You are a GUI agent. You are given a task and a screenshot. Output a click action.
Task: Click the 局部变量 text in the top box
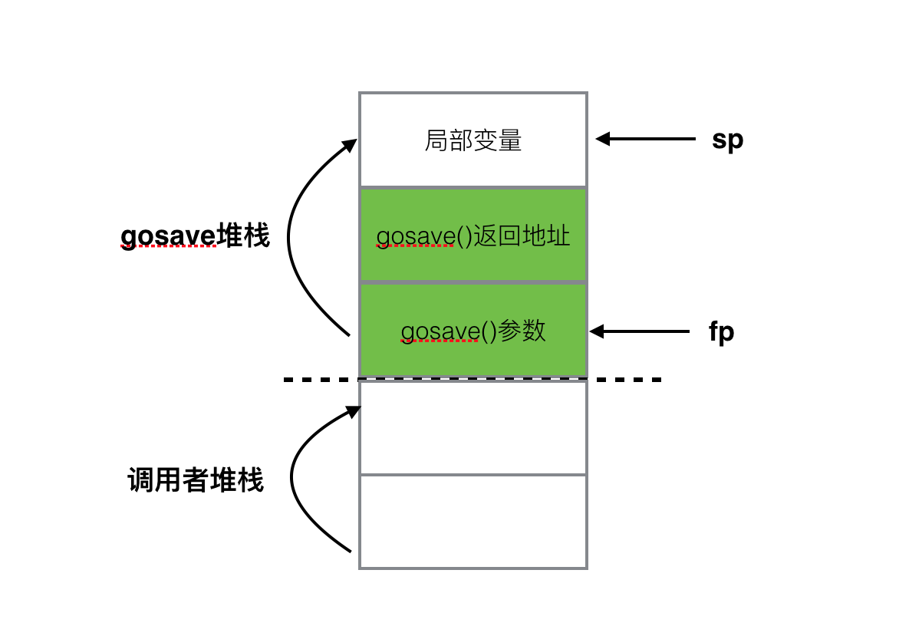tap(473, 140)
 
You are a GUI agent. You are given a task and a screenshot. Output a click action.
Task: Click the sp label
tap(727, 140)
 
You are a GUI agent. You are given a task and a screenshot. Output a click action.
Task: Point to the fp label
tap(721, 332)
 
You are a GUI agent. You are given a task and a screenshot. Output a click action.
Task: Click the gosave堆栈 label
tap(196, 236)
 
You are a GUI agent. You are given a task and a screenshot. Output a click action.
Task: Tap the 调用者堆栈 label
tap(196, 481)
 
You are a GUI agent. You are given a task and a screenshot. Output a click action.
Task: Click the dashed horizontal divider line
tap(629, 380)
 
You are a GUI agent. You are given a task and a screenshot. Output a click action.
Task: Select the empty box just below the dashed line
tap(473, 427)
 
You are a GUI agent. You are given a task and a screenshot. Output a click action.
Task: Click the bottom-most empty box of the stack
tap(473, 522)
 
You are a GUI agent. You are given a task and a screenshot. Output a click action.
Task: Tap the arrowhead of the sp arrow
tap(603, 139)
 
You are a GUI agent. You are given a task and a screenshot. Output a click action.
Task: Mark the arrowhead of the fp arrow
tap(597, 331)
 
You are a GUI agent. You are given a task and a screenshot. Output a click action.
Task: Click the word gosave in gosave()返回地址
tap(416, 236)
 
